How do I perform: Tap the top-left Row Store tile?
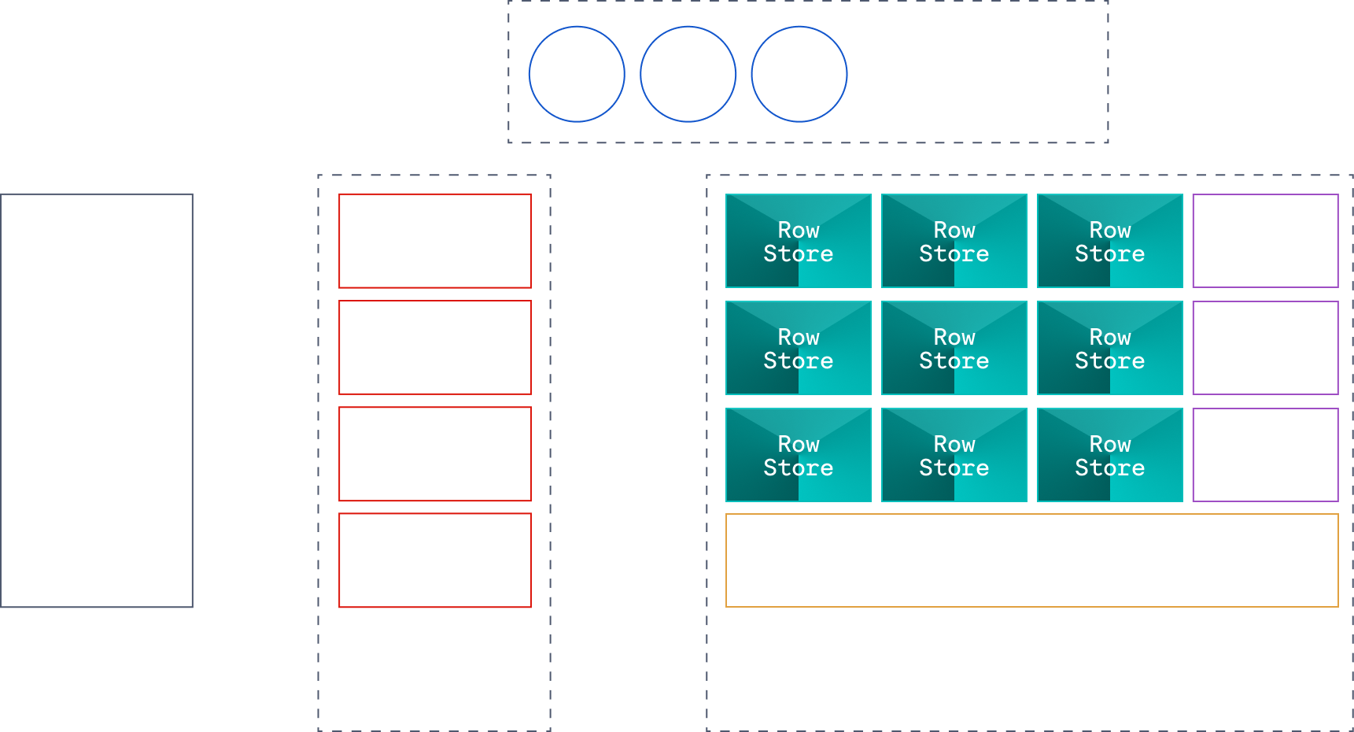pyautogui.click(x=799, y=241)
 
